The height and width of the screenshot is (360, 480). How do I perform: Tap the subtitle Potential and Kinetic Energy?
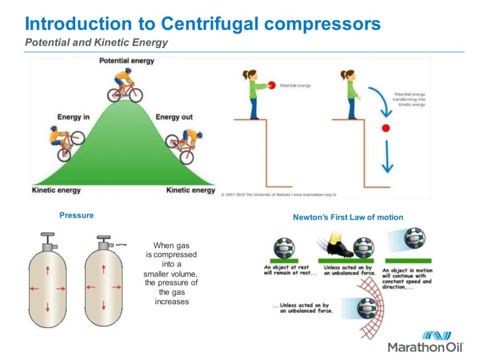pos(96,43)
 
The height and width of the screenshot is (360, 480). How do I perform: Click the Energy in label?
pos(73,117)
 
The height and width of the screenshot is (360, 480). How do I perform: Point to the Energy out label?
pos(174,117)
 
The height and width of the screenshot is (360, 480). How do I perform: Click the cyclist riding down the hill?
pos(186,145)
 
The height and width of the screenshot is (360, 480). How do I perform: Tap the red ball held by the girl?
pos(271,85)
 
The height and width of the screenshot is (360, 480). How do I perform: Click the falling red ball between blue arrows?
pos(386,128)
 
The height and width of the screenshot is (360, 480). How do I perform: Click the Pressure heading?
pos(76,215)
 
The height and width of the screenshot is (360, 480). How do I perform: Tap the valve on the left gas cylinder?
pos(47,244)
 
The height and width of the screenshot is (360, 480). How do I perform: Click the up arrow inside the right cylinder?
pos(104,270)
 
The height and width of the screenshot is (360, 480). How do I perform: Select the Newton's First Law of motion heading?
pos(348,217)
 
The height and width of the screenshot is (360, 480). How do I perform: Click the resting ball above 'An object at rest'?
pos(285,247)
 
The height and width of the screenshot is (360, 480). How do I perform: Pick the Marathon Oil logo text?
pos(426,347)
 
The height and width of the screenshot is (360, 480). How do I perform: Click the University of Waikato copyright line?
pos(279,194)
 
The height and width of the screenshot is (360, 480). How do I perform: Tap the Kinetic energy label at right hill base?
pos(190,190)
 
